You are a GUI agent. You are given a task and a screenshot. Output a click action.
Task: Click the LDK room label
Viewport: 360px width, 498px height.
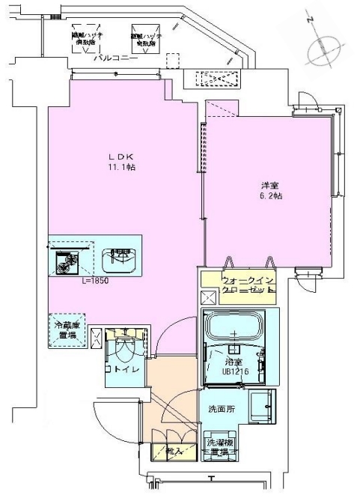121,156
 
